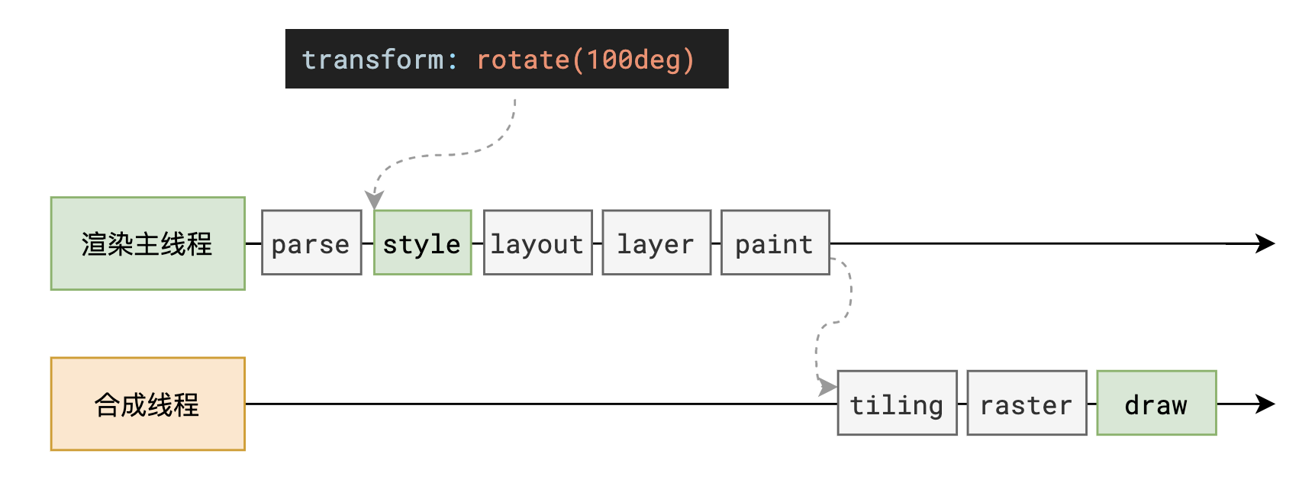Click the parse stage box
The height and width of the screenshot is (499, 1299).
(311, 243)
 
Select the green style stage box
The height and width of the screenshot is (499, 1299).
(422, 243)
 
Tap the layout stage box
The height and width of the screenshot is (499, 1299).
(537, 243)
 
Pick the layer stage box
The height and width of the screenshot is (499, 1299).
(656, 243)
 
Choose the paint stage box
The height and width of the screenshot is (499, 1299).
(775, 243)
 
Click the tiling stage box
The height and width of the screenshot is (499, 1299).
(897, 403)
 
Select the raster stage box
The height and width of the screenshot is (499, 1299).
(1027, 403)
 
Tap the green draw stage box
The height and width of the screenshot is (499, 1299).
(1156, 403)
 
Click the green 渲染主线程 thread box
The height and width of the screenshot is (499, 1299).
(147, 243)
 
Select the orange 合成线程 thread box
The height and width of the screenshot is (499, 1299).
(147, 404)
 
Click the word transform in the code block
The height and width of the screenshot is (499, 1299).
(372, 60)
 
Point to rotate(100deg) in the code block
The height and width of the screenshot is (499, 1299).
(585, 60)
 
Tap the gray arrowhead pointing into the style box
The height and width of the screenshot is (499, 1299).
(374, 200)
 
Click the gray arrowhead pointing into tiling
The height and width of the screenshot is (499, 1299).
(827, 387)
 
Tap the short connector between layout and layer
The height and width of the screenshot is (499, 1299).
(597, 243)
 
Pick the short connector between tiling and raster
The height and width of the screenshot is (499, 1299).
(962, 404)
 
